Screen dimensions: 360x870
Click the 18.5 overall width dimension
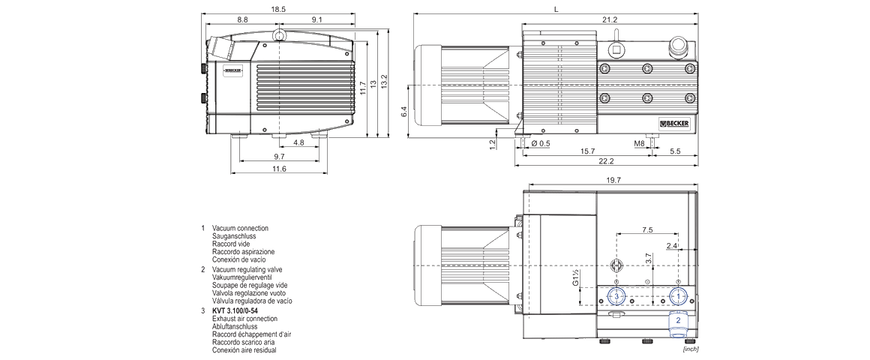278,10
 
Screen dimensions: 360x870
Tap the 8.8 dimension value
242,20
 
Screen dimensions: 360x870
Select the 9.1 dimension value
316,20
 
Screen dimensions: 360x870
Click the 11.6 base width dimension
278,169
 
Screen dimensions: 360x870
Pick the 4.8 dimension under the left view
298,142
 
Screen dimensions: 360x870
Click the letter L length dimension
555,10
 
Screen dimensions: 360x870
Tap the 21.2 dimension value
609,20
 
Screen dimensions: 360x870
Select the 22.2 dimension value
606,161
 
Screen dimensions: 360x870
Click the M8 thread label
639,142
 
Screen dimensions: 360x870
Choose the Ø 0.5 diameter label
541,142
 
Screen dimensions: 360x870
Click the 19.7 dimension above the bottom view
613,180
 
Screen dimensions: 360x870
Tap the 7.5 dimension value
647,229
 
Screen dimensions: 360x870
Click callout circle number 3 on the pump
616,296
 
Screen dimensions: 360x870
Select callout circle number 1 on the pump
678,296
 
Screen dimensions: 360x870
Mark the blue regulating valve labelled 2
678,320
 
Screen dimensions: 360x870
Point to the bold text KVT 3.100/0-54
235,310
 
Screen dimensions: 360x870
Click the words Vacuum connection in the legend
240,228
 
